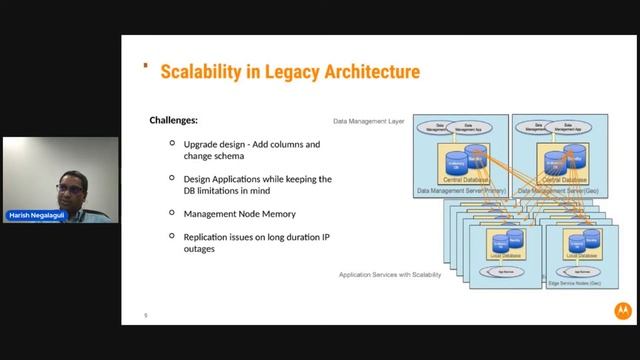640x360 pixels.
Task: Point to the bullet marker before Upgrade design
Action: click(x=173, y=145)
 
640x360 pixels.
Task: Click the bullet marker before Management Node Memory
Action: click(x=173, y=214)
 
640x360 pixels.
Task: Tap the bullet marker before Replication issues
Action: click(x=173, y=237)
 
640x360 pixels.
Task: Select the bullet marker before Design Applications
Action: click(x=173, y=179)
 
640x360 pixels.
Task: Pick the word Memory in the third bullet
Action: click(x=278, y=214)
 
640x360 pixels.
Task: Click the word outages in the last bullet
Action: click(x=200, y=249)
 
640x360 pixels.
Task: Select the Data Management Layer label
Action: click(x=368, y=120)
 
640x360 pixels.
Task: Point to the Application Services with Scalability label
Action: click(x=389, y=274)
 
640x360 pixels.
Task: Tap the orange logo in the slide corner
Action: click(x=621, y=311)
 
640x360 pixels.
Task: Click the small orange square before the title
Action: click(x=146, y=67)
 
